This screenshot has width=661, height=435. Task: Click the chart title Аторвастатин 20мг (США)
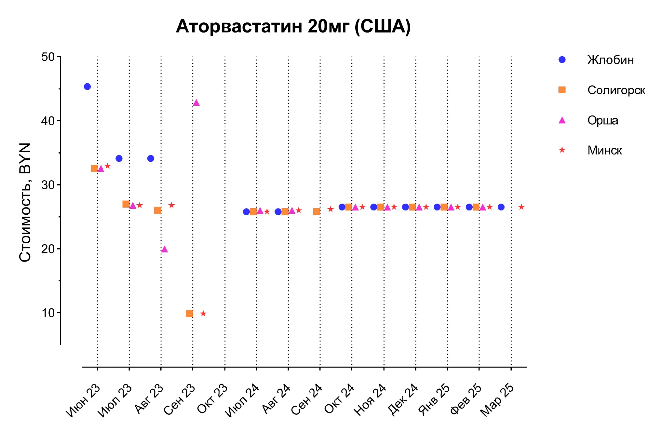(x=293, y=26)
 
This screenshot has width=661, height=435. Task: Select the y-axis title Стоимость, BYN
(x=25, y=202)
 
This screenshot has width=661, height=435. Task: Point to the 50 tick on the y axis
(x=48, y=57)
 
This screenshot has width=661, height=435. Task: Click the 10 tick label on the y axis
(x=48, y=313)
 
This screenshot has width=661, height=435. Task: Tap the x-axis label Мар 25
(x=497, y=400)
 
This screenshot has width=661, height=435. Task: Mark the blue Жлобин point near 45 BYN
(x=87, y=87)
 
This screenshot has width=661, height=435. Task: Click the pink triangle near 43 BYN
(x=196, y=103)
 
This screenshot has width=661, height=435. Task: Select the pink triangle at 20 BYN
(x=165, y=249)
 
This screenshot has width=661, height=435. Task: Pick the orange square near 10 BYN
(x=189, y=313)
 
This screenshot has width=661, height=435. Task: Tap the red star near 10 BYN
(x=203, y=313)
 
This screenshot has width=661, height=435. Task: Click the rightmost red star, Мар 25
(x=521, y=207)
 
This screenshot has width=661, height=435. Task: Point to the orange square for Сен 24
(x=317, y=212)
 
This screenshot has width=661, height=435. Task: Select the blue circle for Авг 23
(x=151, y=158)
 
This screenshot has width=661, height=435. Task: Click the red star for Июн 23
(x=108, y=166)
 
